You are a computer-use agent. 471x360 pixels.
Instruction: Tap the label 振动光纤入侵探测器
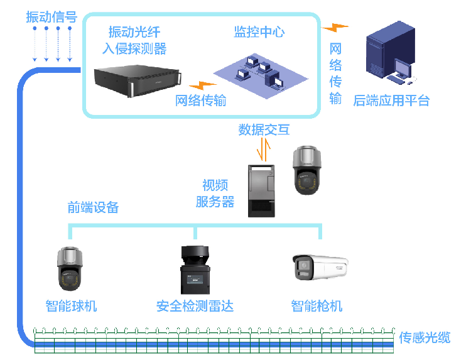click(137, 40)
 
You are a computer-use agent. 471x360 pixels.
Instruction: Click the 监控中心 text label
click(259, 33)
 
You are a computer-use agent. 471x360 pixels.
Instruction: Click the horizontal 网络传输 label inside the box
click(200, 101)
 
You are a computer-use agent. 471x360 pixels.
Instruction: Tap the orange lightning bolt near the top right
click(335, 28)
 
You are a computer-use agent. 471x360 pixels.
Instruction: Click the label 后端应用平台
click(392, 101)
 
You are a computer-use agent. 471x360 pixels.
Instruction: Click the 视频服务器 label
click(215, 193)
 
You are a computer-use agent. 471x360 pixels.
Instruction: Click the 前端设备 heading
click(94, 207)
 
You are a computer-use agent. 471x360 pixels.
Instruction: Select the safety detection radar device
click(194, 270)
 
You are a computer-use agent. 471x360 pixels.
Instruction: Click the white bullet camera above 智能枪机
click(319, 267)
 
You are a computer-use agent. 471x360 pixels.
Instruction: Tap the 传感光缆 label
click(425, 337)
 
